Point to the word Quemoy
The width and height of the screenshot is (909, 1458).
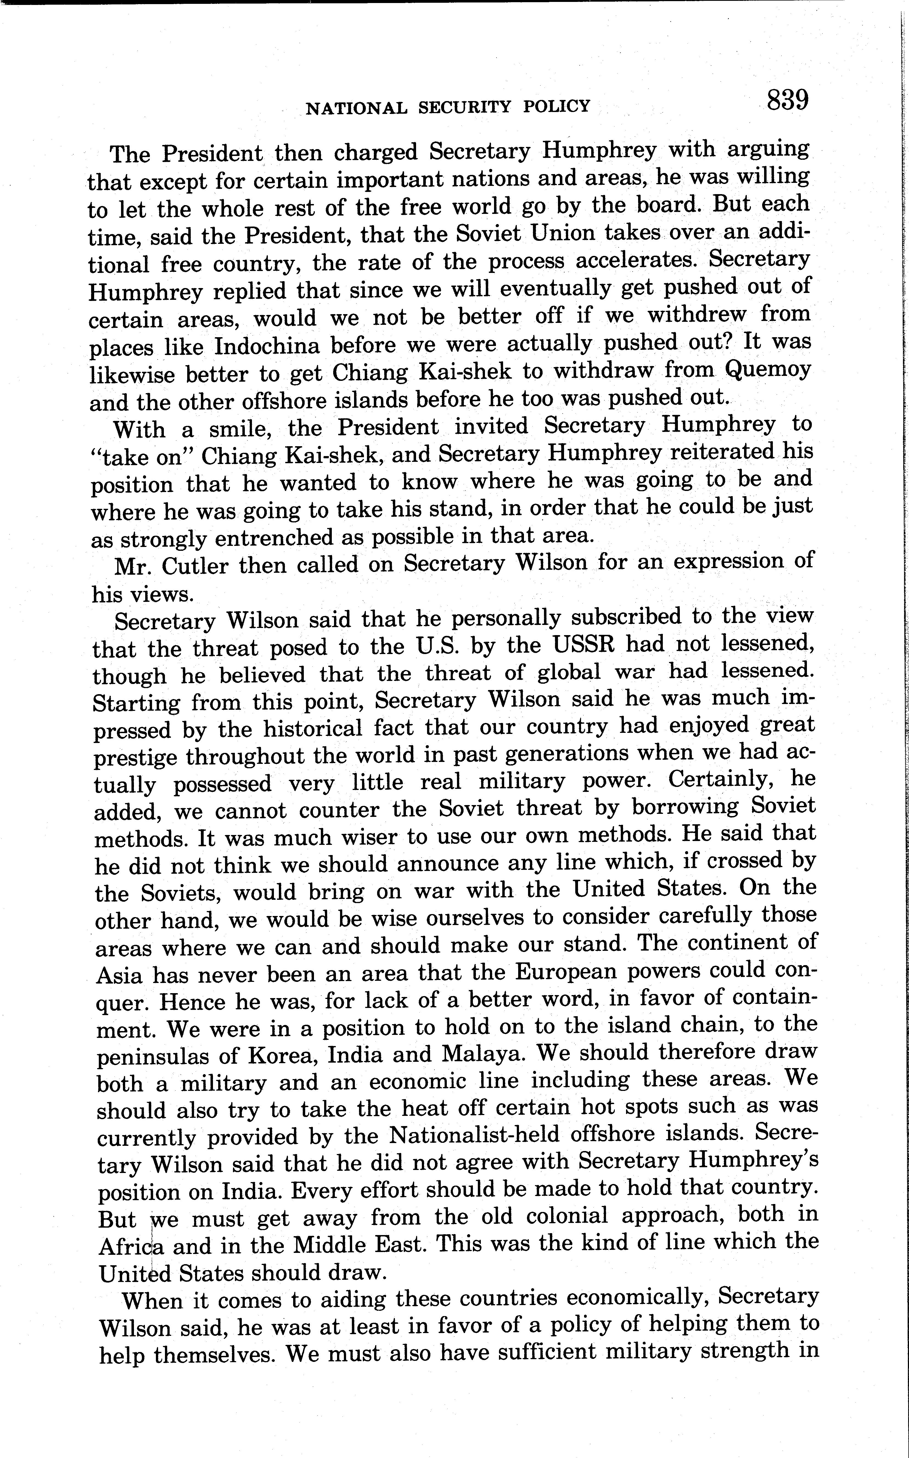point(768,369)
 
